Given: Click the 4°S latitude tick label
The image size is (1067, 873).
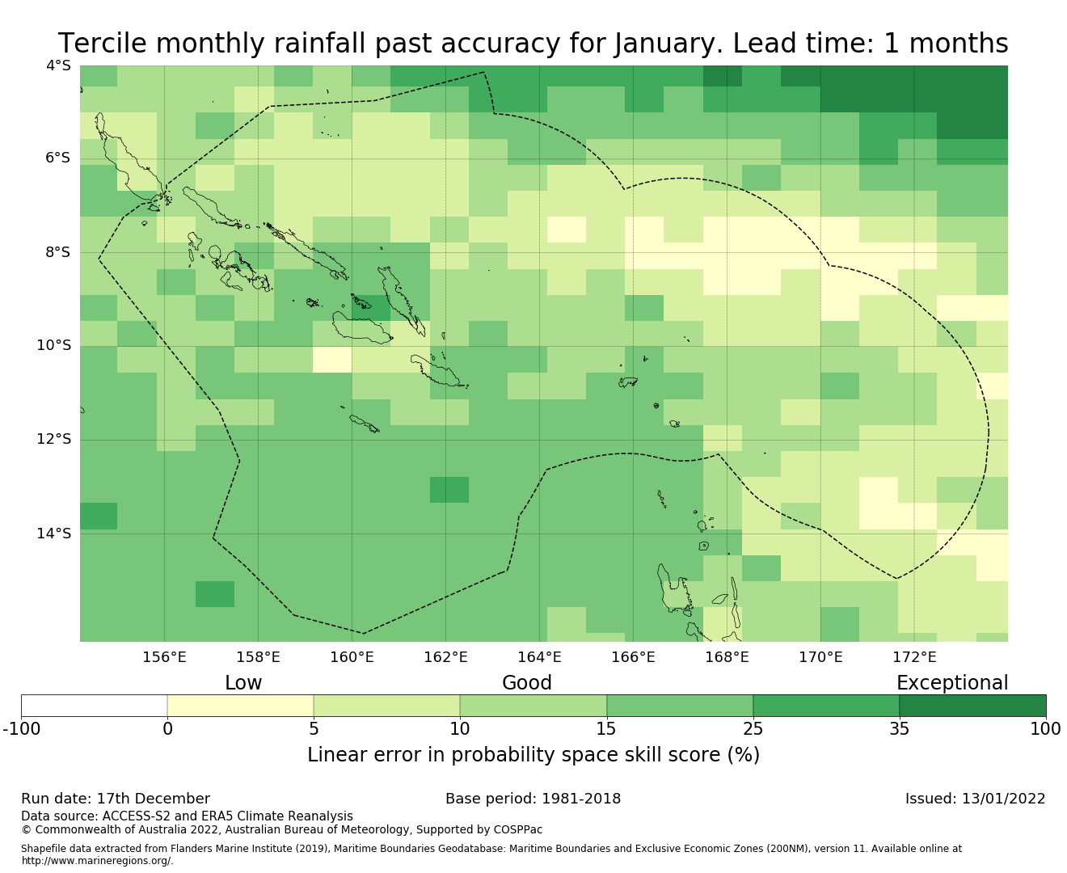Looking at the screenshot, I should tap(58, 65).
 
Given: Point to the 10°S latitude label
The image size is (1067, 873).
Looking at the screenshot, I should tap(54, 346).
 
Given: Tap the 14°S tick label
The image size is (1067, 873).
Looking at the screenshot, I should tap(54, 533).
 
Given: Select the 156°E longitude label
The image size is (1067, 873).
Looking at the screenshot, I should tap(164, 657).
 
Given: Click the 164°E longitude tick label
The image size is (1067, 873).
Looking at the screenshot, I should tap(539, 657).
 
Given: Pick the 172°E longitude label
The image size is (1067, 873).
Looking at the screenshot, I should tap(914, 657).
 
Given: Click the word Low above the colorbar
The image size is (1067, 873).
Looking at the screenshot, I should tap(243, 683).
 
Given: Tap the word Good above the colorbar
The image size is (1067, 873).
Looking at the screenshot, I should tap(527, 683).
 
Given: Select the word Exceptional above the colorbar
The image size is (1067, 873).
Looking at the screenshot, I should tap(952, 683).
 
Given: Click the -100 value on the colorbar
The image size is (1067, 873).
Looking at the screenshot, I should tap(21, 729).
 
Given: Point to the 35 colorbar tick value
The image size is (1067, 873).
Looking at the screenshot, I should tap(899, 729).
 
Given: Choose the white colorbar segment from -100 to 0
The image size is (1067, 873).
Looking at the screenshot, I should tap(94, 706).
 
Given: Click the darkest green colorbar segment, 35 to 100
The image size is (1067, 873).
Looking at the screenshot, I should tap(972, 706).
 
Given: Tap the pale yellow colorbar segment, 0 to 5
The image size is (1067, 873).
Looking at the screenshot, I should tap(240, 706).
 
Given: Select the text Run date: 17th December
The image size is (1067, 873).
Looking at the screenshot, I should tap(116, 799).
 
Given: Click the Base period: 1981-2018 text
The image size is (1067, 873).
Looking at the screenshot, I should tap(533, 799).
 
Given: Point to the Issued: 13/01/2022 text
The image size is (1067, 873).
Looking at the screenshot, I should tap(975, 799).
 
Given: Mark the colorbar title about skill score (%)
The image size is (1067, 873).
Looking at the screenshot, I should tap(533, 755).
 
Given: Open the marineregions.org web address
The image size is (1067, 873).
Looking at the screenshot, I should tap(97, 861).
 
